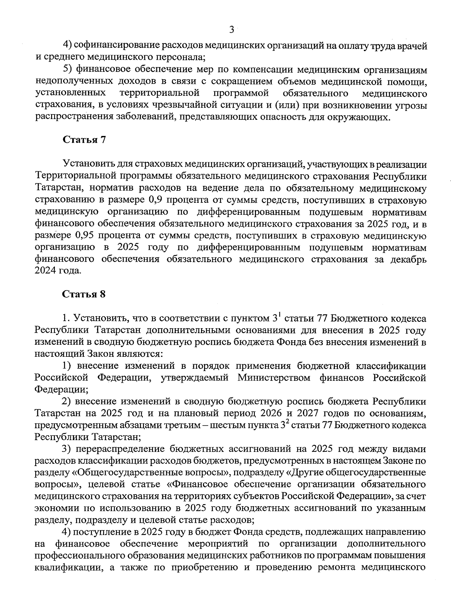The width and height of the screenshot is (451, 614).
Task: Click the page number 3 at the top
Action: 232,29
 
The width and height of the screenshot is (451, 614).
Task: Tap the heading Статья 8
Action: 84,294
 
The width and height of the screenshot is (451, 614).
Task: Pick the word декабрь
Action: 409,259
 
